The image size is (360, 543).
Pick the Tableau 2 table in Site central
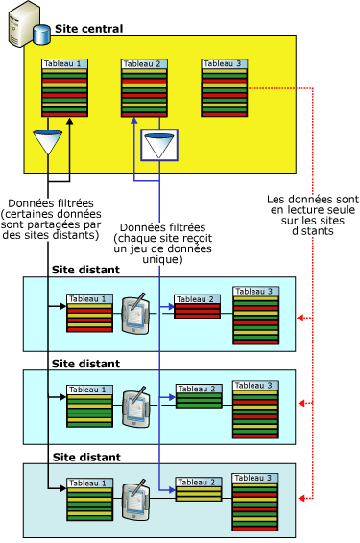[x=144, y=88]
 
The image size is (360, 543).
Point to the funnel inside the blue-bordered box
[x=156, y=147]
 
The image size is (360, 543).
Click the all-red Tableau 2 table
[x=198, y=308]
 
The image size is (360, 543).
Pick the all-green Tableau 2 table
[x=198, y=396]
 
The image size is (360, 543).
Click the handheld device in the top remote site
[x=134, y=312]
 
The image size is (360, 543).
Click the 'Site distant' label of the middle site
[x=85, y=364]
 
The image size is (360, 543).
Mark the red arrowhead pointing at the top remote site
[x=300, y=316]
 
